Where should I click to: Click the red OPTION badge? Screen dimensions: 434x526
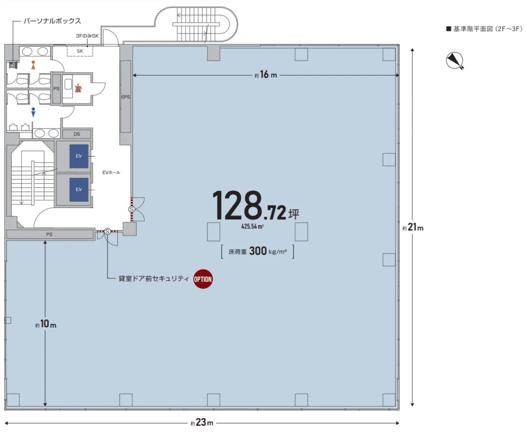coord(202,279)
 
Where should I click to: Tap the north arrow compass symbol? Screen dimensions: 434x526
coord(455,61)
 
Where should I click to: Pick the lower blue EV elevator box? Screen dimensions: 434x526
coord(79,189)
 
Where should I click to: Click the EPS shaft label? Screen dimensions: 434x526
coord(125,97)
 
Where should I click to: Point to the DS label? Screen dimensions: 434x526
coord(77,134)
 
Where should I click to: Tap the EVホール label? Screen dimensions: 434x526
coord(111,173)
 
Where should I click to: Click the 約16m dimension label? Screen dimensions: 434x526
coord(265,75)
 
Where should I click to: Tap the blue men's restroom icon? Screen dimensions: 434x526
coord(33,112)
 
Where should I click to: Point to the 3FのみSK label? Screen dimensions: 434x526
coord(87,35)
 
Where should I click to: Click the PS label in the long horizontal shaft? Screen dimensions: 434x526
coord(49,234)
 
